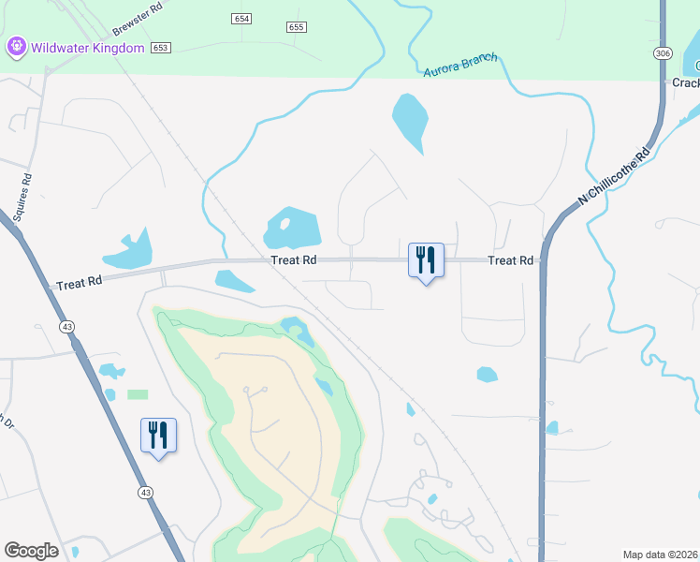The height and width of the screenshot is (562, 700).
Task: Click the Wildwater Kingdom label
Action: point(88,47)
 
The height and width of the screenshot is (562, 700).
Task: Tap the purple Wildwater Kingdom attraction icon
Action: point(17,46)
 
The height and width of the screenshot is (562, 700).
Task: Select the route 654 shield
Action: point(242,19)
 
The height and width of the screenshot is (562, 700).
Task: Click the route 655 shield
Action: point(297,27)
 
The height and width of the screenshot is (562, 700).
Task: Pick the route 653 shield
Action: point(161,47)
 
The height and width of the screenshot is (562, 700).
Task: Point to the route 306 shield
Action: point(664,53)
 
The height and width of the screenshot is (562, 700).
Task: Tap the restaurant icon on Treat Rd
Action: point(426,259)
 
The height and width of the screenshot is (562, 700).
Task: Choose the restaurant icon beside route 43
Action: point(158,435)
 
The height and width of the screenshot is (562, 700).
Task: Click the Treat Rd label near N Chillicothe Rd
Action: point(510,260)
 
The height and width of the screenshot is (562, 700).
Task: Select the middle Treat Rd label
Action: point(294,260)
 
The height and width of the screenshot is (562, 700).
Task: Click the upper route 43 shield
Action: point(66,326)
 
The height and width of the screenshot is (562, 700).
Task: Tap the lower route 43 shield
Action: point(144,492)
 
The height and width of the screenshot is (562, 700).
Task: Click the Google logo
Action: point(31,551)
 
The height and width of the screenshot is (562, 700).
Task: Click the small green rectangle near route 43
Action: point(138,394)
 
